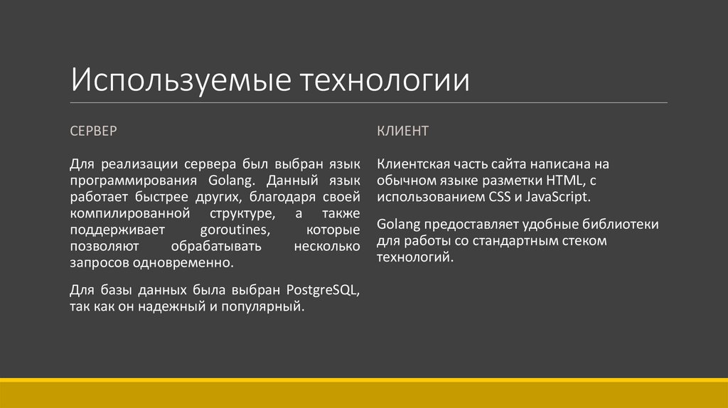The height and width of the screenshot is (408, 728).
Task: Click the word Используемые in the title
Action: tap(181, 80)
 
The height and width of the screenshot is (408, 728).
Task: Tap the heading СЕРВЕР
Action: tap(94, 131)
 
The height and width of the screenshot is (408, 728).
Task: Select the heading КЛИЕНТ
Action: tap(402, 131)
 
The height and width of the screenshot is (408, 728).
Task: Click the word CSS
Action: tap(490, 197)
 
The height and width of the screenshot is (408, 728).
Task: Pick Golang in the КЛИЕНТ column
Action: tap(399, 225)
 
